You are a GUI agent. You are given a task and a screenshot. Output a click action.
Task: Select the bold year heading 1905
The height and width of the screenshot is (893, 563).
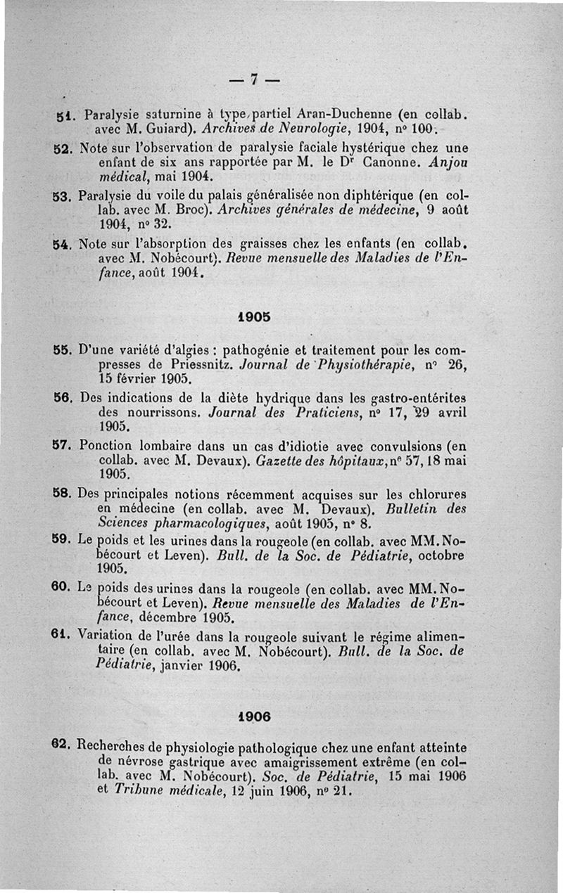pyautogui.click(x=253, y=316)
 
